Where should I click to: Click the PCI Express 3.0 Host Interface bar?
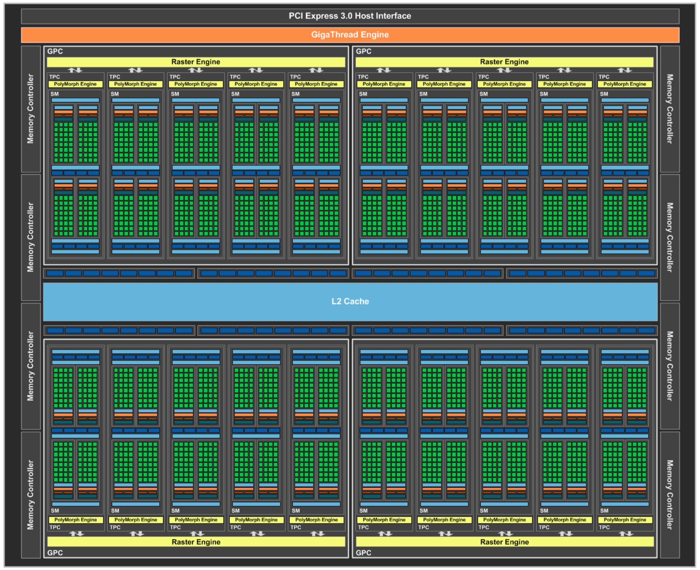pos(350,16)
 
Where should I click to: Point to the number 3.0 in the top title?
pos(346,16)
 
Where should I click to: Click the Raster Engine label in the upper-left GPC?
pos(196,62)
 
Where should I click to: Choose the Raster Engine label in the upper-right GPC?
pos(504,62)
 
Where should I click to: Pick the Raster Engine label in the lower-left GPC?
pos(196,542)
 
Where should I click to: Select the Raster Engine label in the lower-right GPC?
pos(504,542)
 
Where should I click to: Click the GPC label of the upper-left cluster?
pos(55,51)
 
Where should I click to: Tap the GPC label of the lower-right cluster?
pos(363,553)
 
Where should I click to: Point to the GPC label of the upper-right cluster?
pos(363,51)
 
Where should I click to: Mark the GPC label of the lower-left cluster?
pos(55,553)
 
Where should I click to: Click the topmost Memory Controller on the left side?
pos(31,109)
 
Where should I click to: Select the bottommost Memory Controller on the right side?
pos(670,495)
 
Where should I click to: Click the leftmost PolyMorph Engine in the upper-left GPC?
pos(75,84)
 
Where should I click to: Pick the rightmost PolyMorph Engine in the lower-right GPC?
pos(625,520)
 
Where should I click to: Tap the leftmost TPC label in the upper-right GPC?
pos(363,77)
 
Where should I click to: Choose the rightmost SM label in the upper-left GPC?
pos(296,94)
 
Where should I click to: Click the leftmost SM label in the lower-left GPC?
pos(55,511)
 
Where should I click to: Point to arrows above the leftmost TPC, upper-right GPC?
pos(383,70)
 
